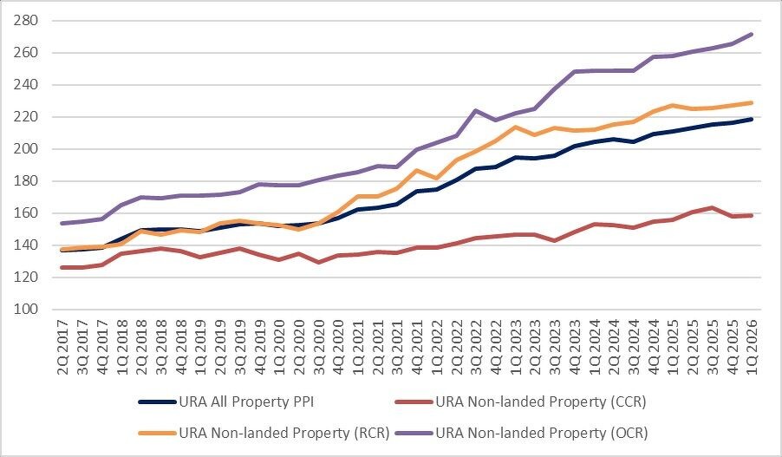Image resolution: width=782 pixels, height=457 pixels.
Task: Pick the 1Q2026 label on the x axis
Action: point(750,345)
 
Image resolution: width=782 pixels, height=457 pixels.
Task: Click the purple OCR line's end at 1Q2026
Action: point(751,35)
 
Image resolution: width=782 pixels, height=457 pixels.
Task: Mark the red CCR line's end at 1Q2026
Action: point(751,215)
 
